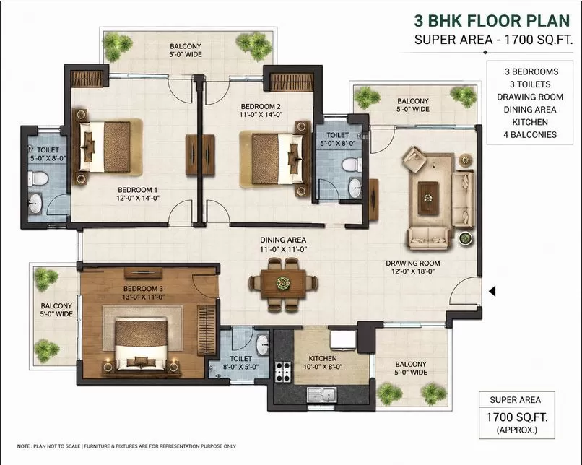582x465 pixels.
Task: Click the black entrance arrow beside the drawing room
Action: click(x=492, y=291)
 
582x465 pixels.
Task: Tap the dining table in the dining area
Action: click(x=283, y=284)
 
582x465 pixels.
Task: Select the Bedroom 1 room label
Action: click(x=138, y=194)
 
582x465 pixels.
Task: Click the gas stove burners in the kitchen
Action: click(x=282, y=372)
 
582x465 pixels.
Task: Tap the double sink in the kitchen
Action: click(x=322, y=394)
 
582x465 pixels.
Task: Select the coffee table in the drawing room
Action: click(x=428, y=198)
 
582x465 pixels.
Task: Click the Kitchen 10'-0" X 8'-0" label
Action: click(x=323, y=362)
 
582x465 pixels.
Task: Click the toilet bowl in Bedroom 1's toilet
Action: click(x=38, y=178)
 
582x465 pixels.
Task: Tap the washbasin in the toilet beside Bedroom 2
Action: click(x=355, y=188)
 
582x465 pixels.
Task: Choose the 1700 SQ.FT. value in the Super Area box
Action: click(x=517, y=417)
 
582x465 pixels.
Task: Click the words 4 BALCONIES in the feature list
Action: click(x=530, y=135)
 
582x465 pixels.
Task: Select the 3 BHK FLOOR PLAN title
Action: click(x=492, y=21)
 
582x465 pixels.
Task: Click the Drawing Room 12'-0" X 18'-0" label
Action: click(x=413, y=267)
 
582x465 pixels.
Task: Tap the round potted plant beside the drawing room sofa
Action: click(x=465, y=238)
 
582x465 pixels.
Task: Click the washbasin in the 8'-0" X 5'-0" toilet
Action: click(x=263, y=344)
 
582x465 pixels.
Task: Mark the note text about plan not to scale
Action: click(x=126, y=446)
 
